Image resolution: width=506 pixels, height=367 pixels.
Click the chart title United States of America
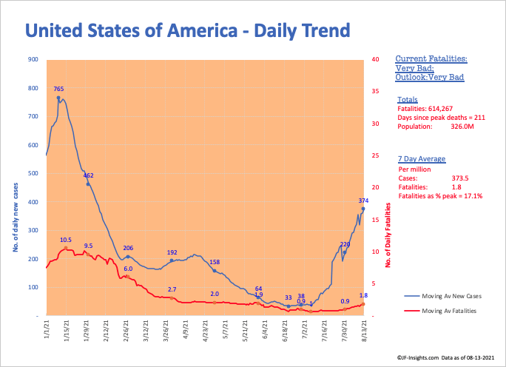(x=187, y=30)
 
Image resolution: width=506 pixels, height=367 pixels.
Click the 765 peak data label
(x=58, y=89)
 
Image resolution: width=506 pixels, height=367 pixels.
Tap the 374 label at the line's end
(x=363, y=201)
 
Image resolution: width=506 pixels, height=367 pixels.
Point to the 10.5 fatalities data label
(x=66, y=240)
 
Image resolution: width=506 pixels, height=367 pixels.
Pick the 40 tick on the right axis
(x=376, y=60)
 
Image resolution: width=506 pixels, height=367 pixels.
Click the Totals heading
(x=407, y=98)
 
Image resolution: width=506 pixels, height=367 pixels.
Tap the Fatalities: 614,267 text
(x=428, y=108)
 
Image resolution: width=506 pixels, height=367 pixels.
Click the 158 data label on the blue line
(x=215, y=262)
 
